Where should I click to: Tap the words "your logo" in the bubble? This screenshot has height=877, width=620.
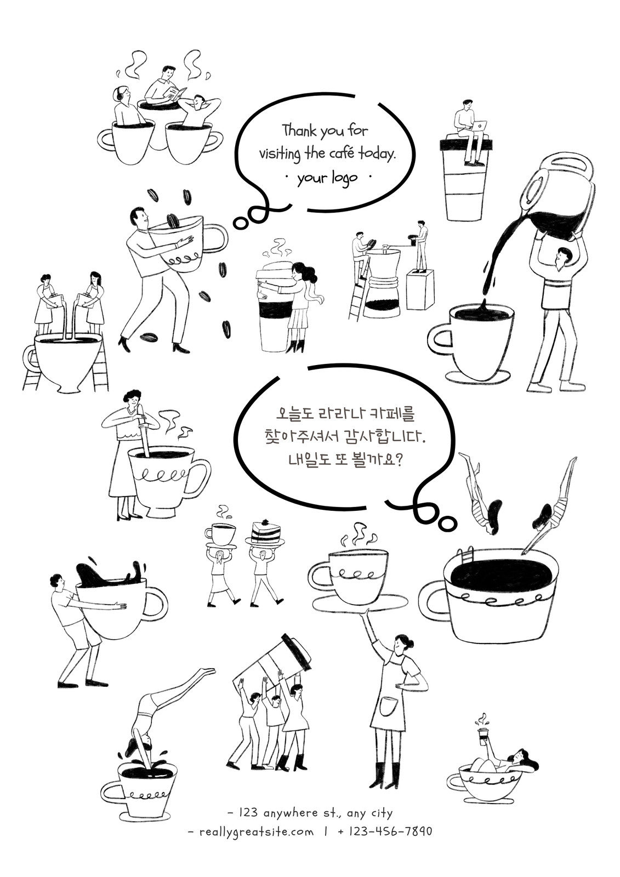[327, 178]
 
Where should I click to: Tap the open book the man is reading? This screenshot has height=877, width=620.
[175, 94]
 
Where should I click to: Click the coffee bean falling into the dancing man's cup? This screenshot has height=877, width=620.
[172, 220]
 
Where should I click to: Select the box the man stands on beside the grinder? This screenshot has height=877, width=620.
[420, 289]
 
